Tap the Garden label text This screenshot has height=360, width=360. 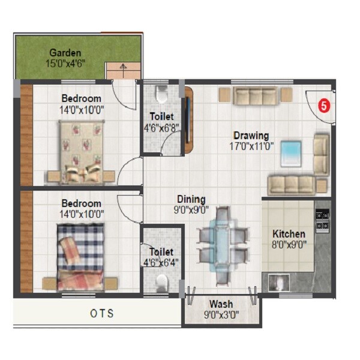[x=66, y=53]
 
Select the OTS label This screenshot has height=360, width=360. [x=102, y=313]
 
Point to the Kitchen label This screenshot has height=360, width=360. [x=289, y=233]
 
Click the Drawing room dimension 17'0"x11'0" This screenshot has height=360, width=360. [x=251, y=146]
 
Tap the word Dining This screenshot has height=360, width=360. [x=191, y=199]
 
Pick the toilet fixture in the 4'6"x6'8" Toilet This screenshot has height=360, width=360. [x=160, y=95]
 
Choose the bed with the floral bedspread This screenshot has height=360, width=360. [x=82, y=150]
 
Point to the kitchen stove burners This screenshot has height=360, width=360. [x=322, y=219]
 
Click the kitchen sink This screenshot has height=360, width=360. [x=279, y=282]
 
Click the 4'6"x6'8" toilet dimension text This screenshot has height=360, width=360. [x=161, y=127]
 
